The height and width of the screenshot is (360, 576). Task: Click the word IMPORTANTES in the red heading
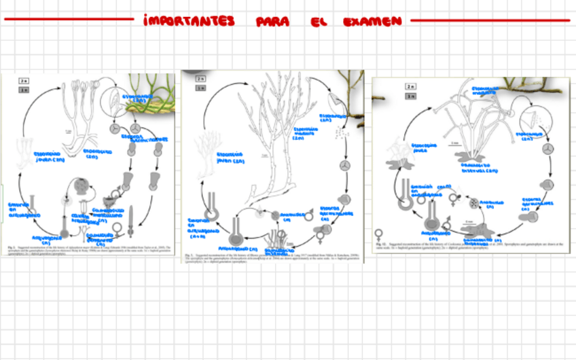tap(189, 21)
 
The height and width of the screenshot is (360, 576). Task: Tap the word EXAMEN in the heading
tap(373, 21)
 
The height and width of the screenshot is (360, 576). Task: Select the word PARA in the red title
tap(273, 22)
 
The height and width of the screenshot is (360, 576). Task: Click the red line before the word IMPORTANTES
tap(68, 20)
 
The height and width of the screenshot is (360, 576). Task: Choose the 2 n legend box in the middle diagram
tap(200, 79)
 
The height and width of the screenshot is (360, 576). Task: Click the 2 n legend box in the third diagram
tap(410, 87)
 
